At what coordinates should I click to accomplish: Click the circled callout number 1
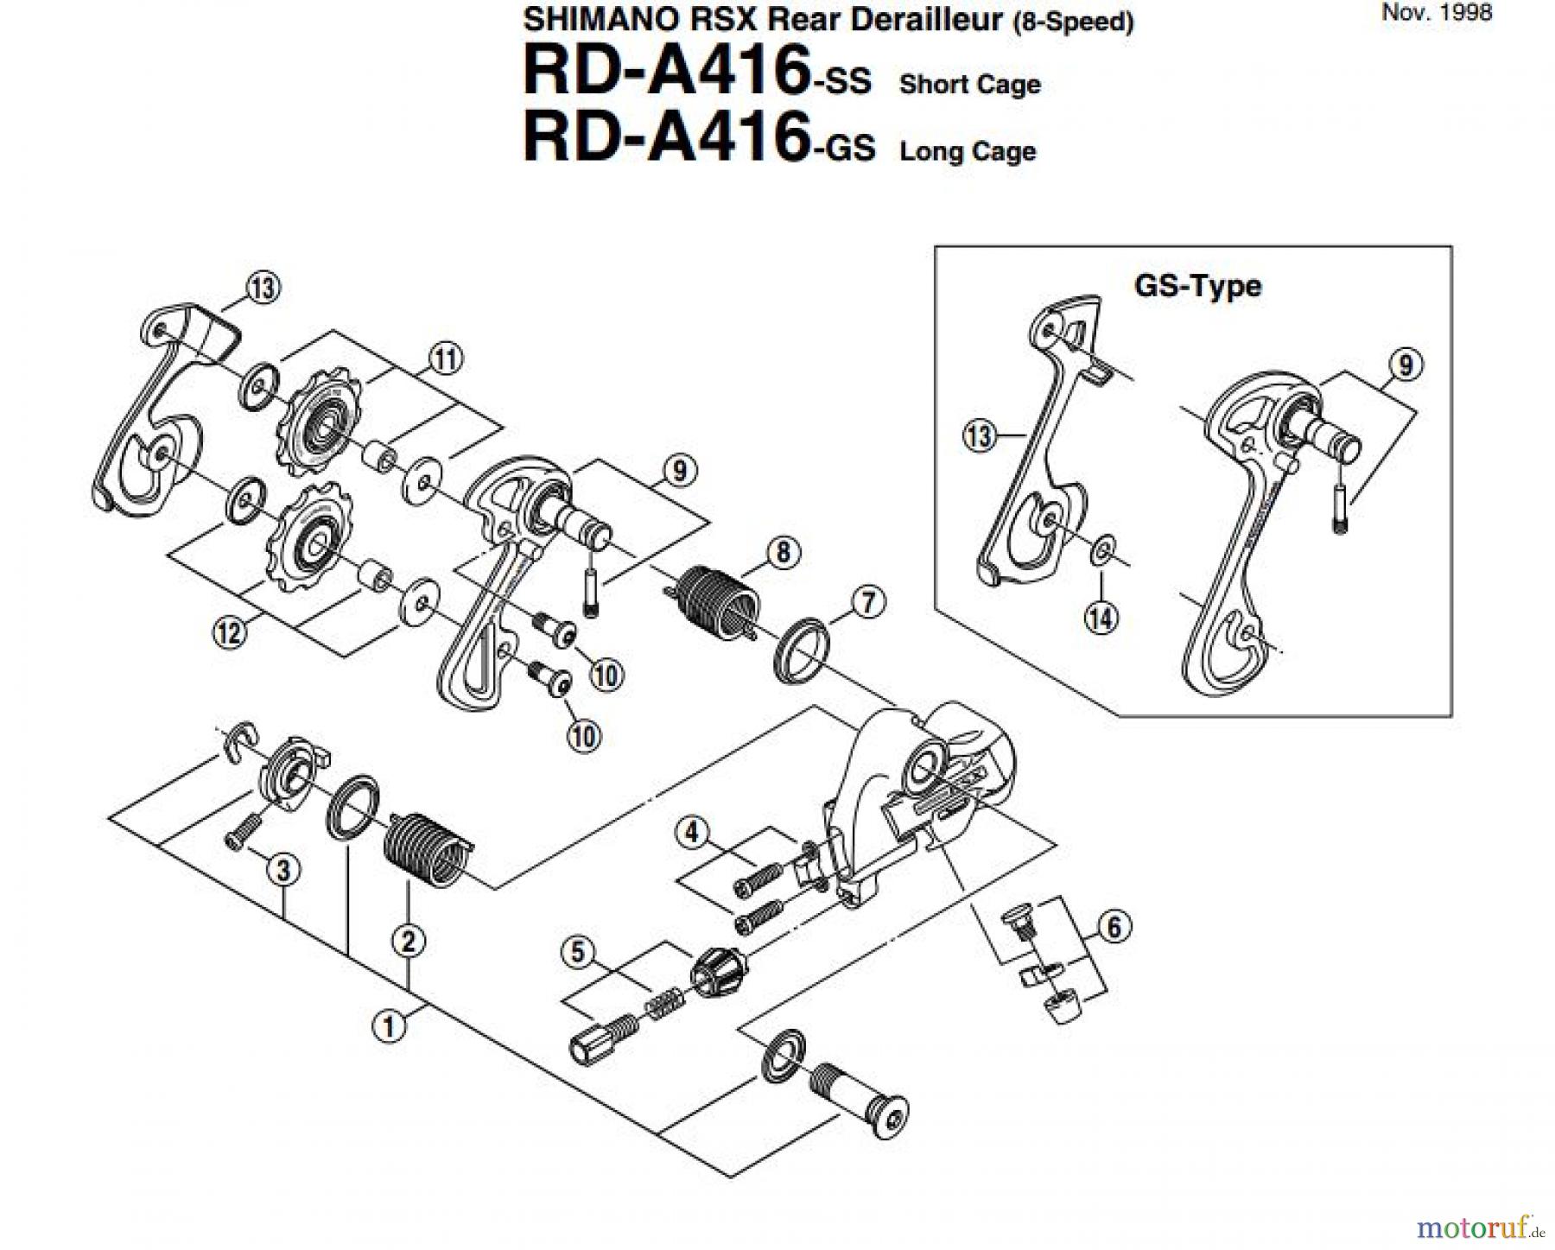(388, 1027)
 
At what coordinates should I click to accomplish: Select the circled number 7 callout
(868, 602)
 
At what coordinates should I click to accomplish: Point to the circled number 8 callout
(783, 552)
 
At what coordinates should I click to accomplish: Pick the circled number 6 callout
(1114, 927)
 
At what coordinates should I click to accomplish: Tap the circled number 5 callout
(578, 952)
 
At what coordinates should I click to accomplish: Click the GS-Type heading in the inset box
(1196, 286)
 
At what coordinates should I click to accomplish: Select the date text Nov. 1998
(1437, 13)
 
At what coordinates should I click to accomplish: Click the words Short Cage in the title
(969, 85)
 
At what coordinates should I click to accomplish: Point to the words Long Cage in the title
(968, 151)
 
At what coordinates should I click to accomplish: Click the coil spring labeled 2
(425, 848)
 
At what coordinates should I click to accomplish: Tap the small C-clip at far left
(236, 739)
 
